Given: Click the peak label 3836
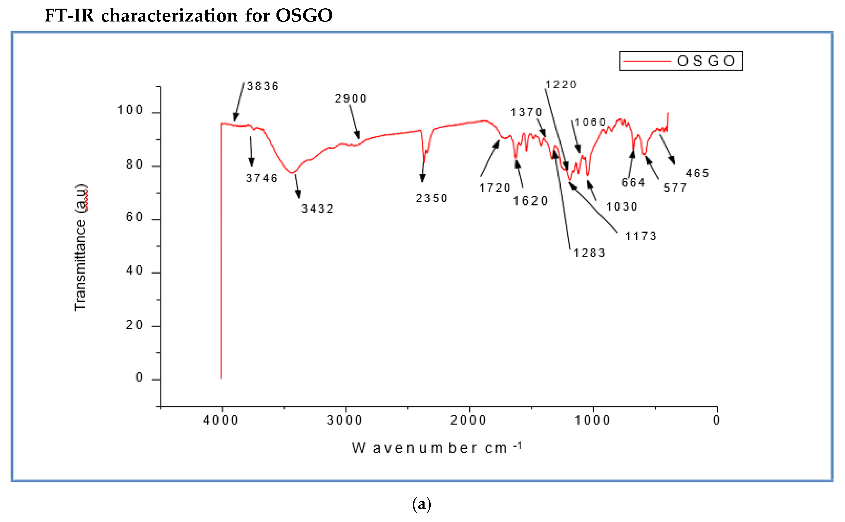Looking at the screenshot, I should click(263, 86).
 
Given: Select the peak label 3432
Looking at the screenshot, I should click(317, 209).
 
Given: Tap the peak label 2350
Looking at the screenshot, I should click(432, 198).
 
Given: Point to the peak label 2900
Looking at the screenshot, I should click(351, 99).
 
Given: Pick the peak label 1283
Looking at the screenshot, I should click(589, 253).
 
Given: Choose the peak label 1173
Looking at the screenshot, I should click(641, 236).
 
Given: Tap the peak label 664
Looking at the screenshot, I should click(633, 182).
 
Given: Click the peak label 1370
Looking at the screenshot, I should click(526, 112).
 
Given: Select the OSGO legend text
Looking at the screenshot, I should click(706, 61).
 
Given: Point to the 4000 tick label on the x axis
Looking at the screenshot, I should click(221, 420).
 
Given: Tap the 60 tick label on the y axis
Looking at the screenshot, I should click(134, 217).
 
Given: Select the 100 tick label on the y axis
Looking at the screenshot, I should click(130, 110).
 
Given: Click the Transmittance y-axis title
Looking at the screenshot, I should click(81, 248).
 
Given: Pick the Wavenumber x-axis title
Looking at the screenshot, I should click(436, 448).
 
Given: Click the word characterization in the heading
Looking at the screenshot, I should click(169, 16).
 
